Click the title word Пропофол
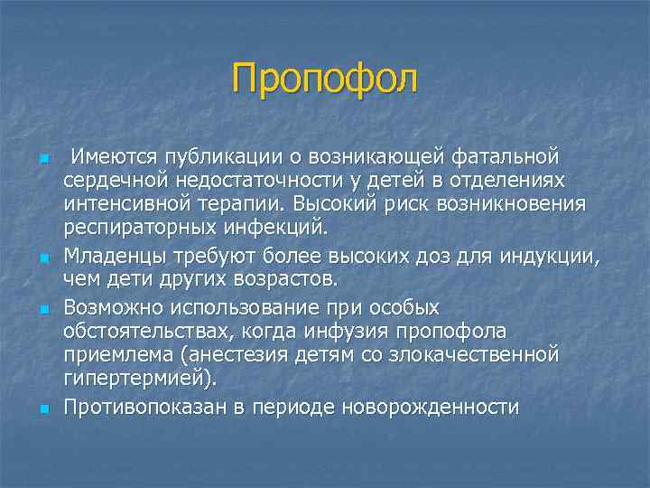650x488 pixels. (325, 78)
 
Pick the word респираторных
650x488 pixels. (127, 226)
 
